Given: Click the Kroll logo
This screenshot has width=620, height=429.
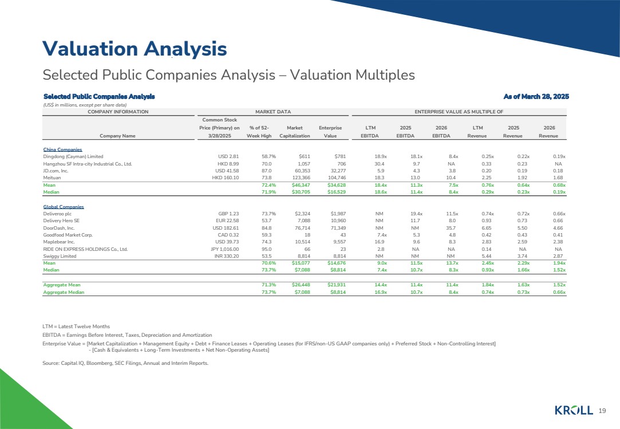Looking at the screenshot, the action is click(574, 410).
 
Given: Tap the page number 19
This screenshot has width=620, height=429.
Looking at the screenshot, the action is click(602, 411).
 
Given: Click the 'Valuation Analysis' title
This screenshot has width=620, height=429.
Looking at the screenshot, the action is click(135, 49).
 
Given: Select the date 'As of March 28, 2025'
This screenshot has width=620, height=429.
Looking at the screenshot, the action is click(536, 96).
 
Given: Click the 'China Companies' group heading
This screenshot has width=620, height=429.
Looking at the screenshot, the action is click(62, 149).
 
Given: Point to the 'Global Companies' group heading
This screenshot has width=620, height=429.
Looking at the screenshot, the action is click(64, 207).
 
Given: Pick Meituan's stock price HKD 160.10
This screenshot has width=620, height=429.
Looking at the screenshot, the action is click(226, 178).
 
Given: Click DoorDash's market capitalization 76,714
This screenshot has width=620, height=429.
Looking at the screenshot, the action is click(302, 228).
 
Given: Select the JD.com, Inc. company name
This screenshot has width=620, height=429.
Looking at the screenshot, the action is click(56, 171).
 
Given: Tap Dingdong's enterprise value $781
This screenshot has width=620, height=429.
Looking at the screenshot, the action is click(339, 156).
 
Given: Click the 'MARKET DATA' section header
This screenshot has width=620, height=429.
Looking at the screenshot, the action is click(273, 112).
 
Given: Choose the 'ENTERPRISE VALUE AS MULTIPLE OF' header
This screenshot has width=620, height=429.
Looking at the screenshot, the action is click(459, 112).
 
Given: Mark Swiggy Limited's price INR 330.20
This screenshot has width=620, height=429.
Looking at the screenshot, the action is click(227, 256).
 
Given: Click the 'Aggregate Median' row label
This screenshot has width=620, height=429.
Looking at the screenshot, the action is click(64, 292).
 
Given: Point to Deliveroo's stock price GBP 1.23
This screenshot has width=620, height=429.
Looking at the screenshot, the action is click(228, 214).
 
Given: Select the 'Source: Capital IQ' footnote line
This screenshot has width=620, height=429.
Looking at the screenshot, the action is click(125, 363).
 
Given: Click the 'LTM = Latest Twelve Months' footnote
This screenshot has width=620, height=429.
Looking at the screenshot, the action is click(76, 326).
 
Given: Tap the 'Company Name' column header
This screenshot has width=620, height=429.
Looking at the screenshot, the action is click(117, 136).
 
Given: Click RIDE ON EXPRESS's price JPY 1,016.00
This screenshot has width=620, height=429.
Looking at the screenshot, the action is click(224, 249).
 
